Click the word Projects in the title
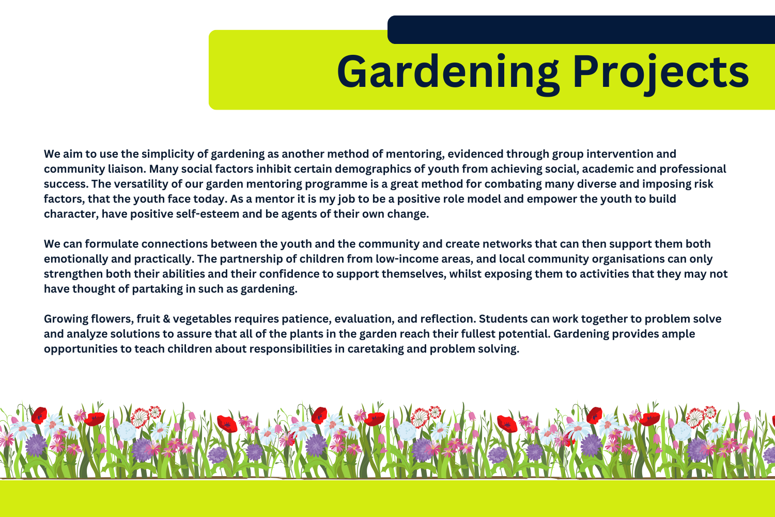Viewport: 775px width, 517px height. pyautogui.click(x=661, y=73)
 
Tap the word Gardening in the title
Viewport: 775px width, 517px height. pyautogui.click(x=448, y=73)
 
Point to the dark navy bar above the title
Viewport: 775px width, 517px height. pyautogui.click(x=581, y=29)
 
